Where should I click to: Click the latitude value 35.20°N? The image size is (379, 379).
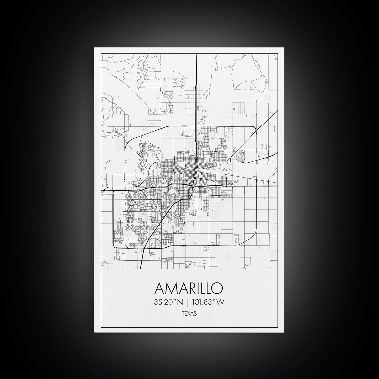coord(168,302)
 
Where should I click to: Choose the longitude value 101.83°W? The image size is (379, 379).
coord(208,302)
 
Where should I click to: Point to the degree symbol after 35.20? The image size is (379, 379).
coord(175,301)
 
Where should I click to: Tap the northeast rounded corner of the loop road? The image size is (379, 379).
coord(254,128)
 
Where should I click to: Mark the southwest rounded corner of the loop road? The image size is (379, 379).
coord(114,245)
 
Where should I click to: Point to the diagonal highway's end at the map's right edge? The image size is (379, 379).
coord(277,111)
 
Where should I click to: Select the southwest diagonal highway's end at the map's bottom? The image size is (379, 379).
coord(141,268)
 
